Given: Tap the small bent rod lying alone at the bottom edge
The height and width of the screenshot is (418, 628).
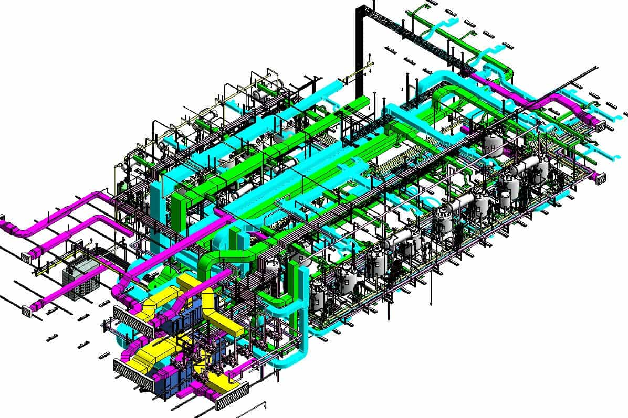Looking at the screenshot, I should (256, 406).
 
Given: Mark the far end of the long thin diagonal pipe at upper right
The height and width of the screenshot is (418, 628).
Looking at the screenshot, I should (595, 68).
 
